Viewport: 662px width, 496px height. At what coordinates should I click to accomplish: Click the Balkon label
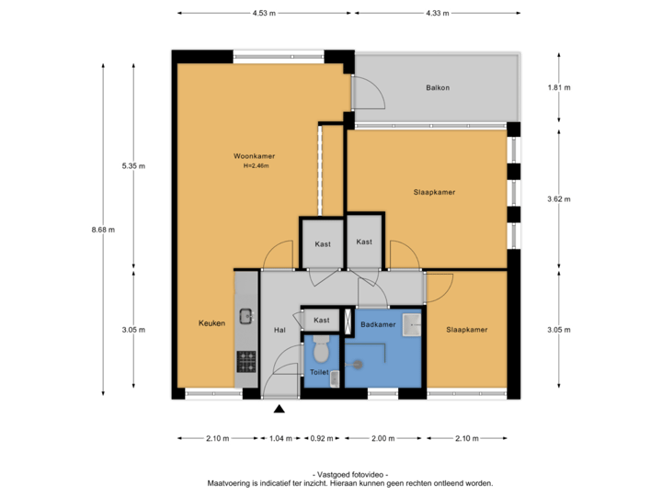(438, 88)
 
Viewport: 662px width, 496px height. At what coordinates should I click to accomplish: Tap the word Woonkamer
(254, 157)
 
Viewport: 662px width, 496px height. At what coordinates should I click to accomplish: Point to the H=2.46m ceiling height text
(258, 166)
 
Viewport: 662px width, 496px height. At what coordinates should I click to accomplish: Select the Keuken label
(211, 323)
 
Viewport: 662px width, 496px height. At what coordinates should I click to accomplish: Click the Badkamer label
(378, 325)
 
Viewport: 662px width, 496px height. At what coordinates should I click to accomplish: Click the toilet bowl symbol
(321, 350)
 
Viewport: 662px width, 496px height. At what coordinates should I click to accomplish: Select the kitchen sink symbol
(246, 316)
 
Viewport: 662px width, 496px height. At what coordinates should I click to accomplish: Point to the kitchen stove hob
(246, 357)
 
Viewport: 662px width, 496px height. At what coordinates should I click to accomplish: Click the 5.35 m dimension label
(133, 166)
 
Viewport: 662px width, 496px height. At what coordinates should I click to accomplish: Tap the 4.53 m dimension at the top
(264, 13)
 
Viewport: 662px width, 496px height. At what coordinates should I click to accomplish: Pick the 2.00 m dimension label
(382, 438)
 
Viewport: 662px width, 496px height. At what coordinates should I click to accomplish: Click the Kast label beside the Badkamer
(322, 320)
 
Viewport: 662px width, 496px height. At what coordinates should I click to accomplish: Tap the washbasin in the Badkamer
(411, 323)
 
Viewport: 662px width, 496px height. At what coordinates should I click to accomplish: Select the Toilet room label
(319, 373)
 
